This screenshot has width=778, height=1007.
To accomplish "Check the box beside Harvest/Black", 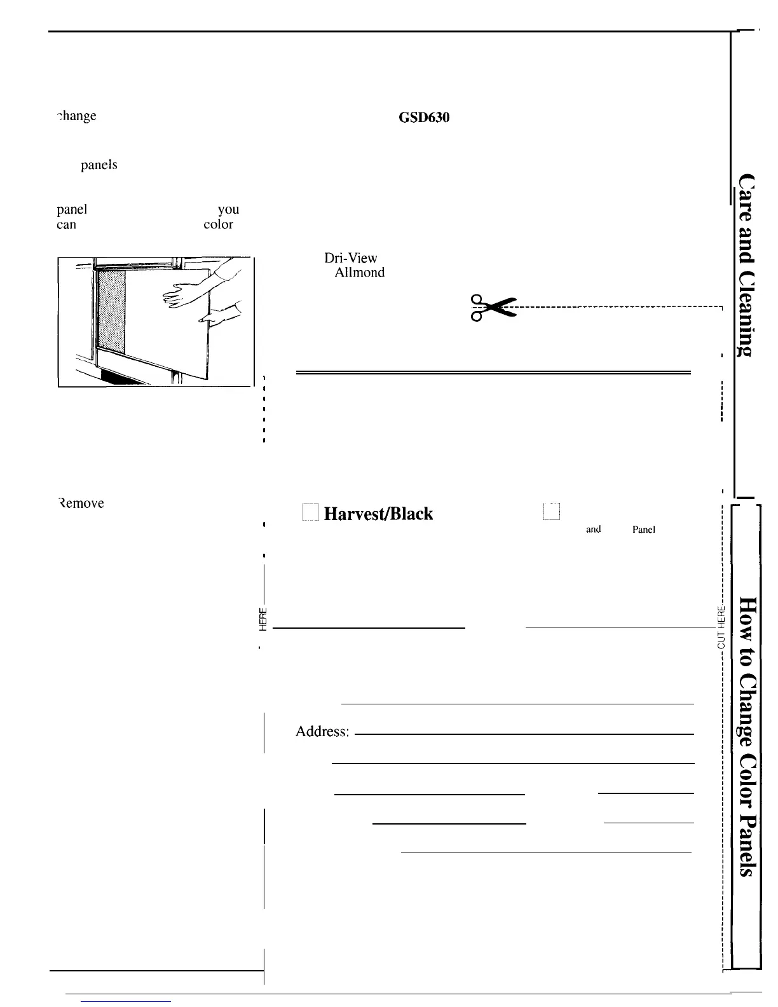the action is click(x=310, y=512).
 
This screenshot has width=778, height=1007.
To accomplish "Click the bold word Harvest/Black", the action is click(x=378, y=514).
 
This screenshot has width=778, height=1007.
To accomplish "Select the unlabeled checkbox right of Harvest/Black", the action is click(x=550, y=512).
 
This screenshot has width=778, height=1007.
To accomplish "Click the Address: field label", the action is click(x=322, y=732).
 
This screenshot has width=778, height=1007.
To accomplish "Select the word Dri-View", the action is click(x=351, y=258).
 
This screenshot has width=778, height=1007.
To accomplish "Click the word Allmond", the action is click(x=359, y=273).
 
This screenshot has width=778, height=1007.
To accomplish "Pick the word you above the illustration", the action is click(x=228, y=210).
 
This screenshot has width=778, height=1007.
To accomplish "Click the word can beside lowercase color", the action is click(x=66, y=224).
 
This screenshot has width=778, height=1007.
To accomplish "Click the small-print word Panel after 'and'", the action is click(x=643, y=530).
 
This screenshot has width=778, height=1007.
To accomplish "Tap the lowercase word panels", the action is click(x=99, y=165).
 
